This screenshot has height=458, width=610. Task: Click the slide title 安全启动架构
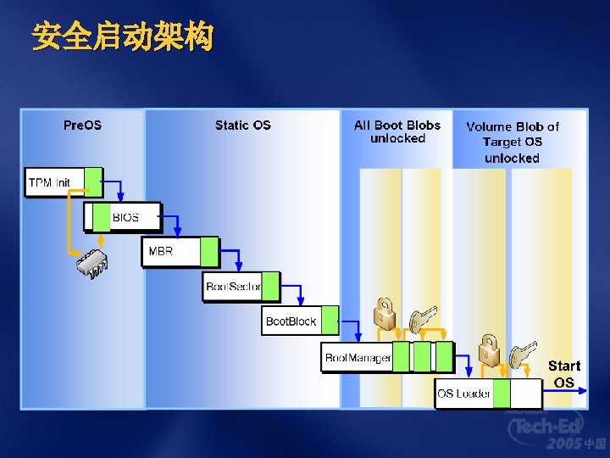pos(122,37)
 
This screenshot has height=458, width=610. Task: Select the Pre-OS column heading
pos(82,126)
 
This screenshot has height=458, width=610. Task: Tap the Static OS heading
pos(242,126)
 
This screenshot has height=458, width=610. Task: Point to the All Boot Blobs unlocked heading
pos(397,131)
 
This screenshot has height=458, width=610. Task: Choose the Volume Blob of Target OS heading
pos(513,142)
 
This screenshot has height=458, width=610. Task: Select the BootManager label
pos(358,358)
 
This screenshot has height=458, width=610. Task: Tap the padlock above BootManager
pos(385,314)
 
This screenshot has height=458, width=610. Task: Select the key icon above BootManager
pos(421,319)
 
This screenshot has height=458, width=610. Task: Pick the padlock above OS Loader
pos(488,349)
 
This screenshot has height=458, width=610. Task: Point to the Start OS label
pos(563,374)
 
